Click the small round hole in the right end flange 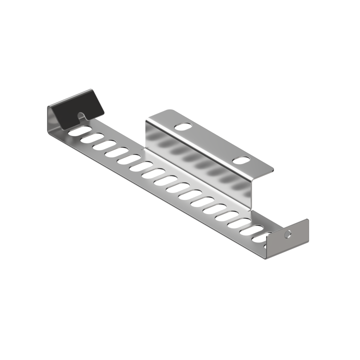pyautogui.click(x=287, y=234)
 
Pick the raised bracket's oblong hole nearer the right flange pyautogui.click(x=242, y=160)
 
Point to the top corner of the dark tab pyautogui.click(x=91, y=90)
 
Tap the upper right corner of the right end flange pyautogui.click(x=307, y=220)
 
